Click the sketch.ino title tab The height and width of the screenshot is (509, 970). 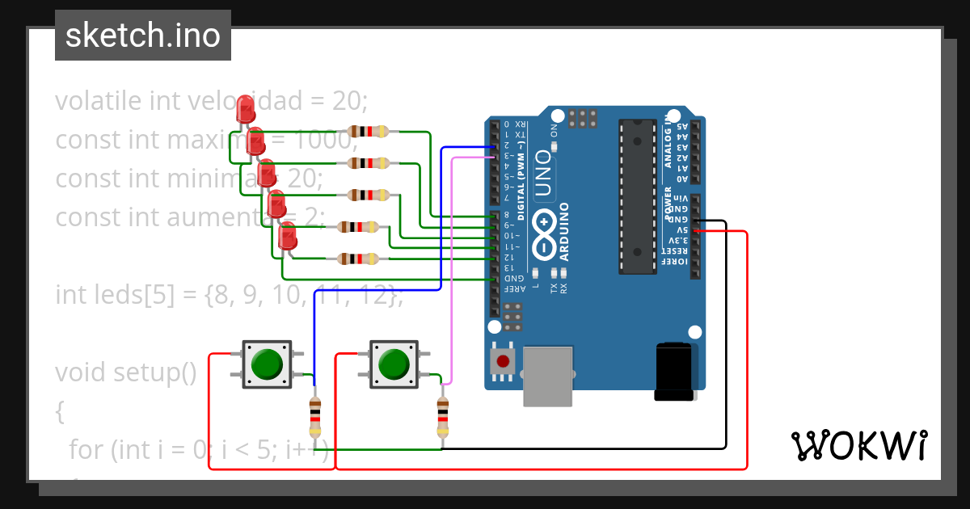[x=143, y=36]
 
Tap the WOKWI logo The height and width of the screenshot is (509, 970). [x=858, y=445]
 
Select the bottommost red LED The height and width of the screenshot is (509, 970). [x=288, y=235]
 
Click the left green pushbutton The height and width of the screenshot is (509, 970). [x=267, y=364]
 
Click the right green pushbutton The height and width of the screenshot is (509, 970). [x=394, y=364]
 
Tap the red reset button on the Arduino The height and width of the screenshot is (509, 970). [x=503, y=362]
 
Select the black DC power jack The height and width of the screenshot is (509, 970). [x=674, y=372]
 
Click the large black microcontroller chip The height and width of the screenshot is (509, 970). [x=637, y=196]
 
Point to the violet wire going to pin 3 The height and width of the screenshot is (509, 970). [x=451, y=267]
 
